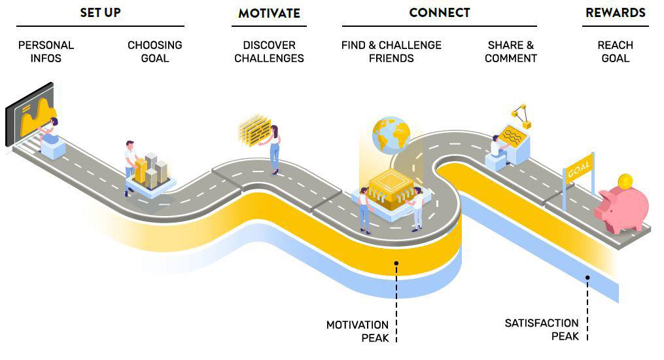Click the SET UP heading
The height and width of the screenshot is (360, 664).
[100, 12]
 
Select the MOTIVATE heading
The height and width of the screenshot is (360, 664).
[269, 13]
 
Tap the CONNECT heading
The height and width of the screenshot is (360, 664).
[439, 12]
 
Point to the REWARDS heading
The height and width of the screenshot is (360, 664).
[615, 12]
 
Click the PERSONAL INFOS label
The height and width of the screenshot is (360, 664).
[46, 52]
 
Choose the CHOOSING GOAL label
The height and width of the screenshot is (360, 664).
[155, 52]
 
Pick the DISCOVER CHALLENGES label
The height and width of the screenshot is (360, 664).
[269, 52]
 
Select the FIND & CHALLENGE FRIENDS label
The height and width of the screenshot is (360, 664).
[391, 52]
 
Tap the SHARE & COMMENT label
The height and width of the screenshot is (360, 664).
[512, 52]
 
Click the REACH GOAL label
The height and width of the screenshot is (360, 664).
[615, 52]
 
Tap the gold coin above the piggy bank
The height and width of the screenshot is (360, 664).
[625, 180]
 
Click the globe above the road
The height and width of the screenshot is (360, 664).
[391, 135]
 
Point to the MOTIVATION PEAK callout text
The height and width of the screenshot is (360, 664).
[358, 331]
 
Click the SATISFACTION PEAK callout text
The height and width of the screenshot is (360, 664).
[542, 329]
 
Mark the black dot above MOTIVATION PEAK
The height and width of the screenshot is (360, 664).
[396, 263]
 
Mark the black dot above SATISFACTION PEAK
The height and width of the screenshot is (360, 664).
[587, 278]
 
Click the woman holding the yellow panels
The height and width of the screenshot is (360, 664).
[275, 149]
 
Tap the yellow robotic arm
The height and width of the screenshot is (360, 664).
[521, 116]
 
